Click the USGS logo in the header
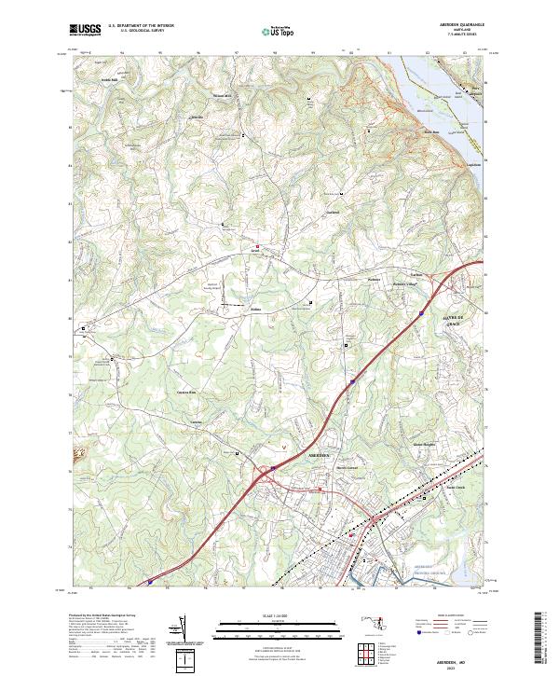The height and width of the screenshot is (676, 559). [85, 30]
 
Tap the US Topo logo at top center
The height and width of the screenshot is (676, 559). [279, 31]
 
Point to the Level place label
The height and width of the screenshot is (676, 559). [252, 251]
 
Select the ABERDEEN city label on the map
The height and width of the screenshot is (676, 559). [320, 454]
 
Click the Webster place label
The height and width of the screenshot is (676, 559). [374, 279]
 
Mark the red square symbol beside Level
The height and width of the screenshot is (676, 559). [258, 246]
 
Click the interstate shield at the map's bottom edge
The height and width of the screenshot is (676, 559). [151, 583]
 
